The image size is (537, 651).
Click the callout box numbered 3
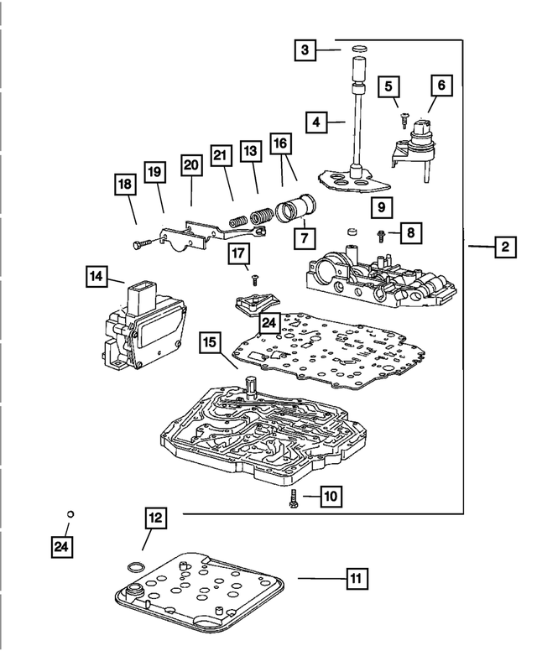(x=305, y=51)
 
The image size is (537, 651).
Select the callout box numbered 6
(x=441, y=85)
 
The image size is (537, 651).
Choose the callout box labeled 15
(x=210, y=342)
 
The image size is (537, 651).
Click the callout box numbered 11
(x=356, y=578)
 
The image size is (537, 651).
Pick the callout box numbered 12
(x=155, y=519)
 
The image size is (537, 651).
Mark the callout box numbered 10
(x=330, y=497)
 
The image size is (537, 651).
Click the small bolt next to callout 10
(x=291, y=498)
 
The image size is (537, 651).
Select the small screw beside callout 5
(x=404, y=120)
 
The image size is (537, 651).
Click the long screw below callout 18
(x=139, y=242)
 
